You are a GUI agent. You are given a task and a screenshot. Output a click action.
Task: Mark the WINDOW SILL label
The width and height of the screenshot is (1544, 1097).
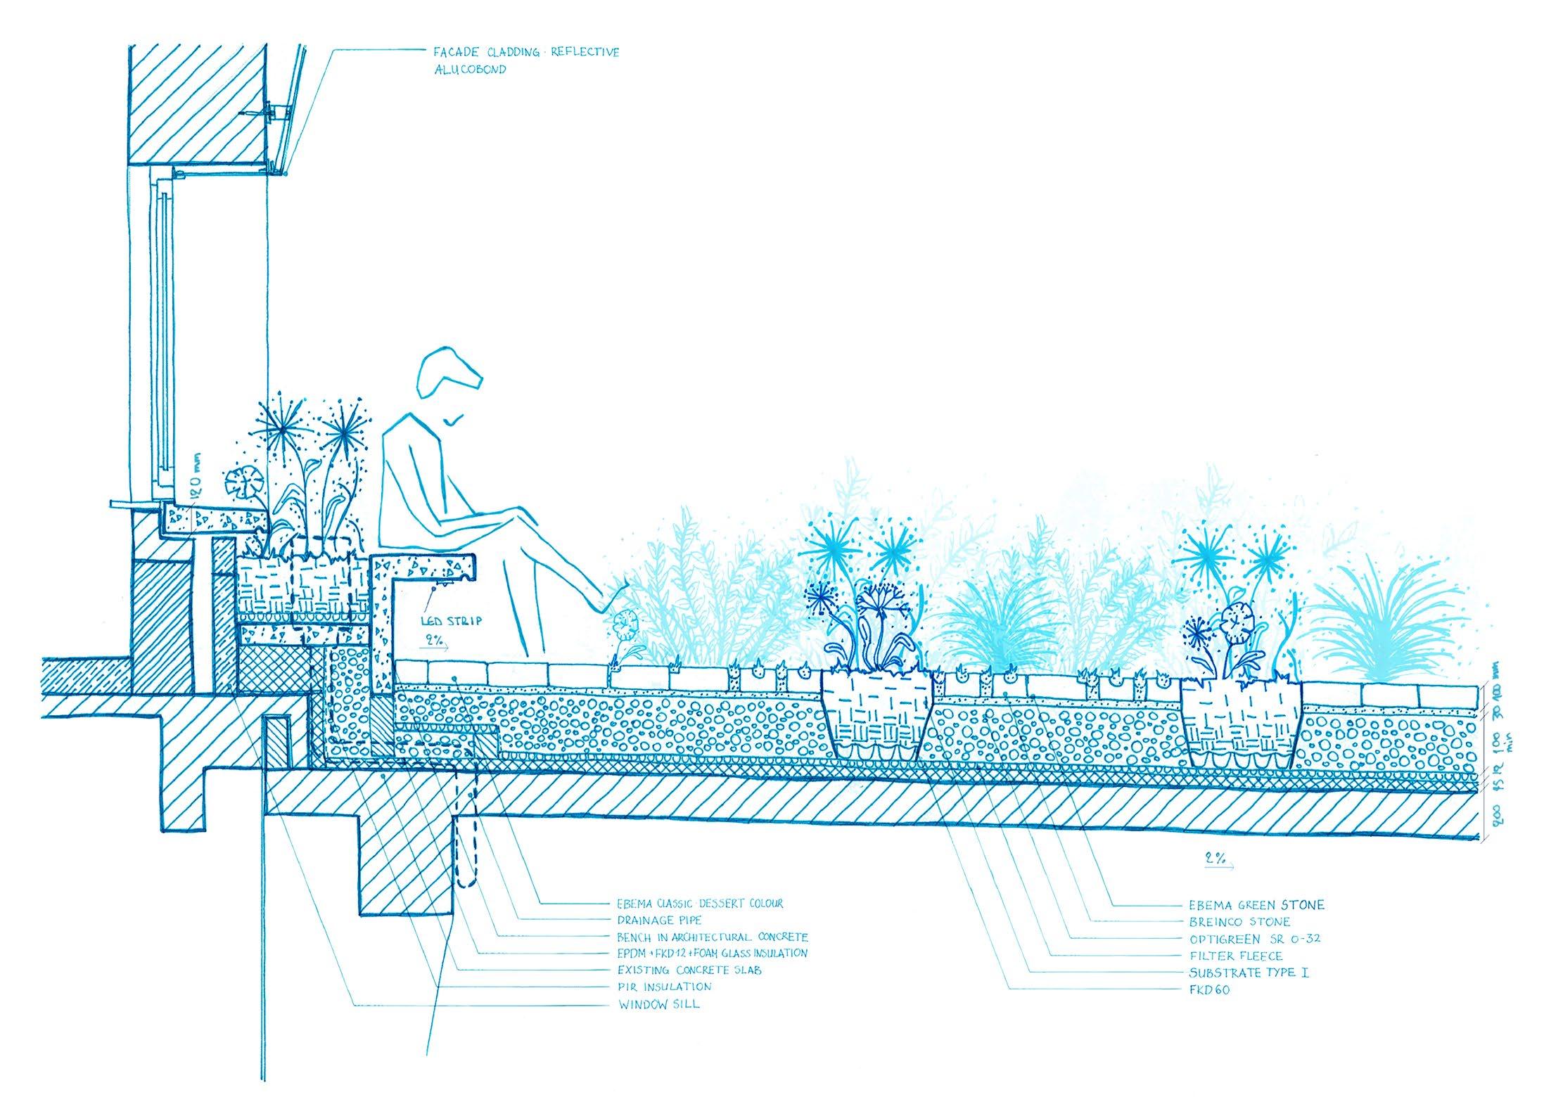[658, 1003]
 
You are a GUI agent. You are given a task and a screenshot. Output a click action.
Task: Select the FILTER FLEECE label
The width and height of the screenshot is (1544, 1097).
[1236, 956]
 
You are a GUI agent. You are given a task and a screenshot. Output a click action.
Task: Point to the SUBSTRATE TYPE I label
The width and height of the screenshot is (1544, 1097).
[1249, 973]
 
